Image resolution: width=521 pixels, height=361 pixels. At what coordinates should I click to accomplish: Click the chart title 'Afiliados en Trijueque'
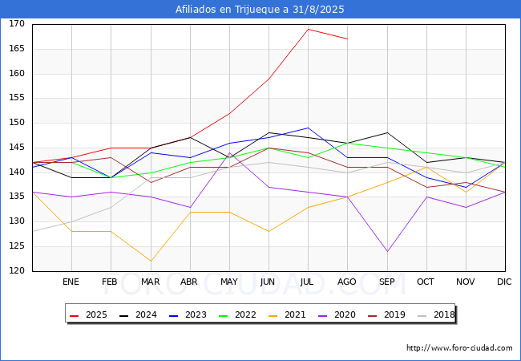[x=260, y=10]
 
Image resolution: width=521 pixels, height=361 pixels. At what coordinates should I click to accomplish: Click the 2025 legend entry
[x=89, y=314]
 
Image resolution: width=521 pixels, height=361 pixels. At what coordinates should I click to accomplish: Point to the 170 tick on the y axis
[x=17, y=24]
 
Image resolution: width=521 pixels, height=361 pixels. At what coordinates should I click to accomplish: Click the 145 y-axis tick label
[x=17, y=148]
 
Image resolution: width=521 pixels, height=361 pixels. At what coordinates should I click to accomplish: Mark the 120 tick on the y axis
[x=17, y=271]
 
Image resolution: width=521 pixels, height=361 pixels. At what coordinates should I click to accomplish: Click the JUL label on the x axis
[x=308, y=282]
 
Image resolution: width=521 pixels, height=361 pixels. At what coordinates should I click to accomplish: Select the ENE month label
[x=71, y=282]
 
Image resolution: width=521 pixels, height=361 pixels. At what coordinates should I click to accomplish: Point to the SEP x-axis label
[x=386, y=282]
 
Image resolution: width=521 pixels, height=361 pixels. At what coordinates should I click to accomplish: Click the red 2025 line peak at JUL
[x=308, y=29]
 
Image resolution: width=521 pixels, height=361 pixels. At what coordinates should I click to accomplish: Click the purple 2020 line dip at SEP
[x=387, y=251]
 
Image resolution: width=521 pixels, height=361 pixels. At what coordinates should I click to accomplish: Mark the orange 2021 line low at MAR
[x=150, y=261]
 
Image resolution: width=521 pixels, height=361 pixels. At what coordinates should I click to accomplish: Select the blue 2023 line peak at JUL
[x=308, y=128]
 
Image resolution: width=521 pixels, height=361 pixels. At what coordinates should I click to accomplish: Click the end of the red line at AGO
[x=347, y=39]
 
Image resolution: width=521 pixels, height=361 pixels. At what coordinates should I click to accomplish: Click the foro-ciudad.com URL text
[x=459, y=348]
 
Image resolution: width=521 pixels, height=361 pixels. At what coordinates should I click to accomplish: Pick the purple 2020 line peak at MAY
[x=229, y=152]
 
